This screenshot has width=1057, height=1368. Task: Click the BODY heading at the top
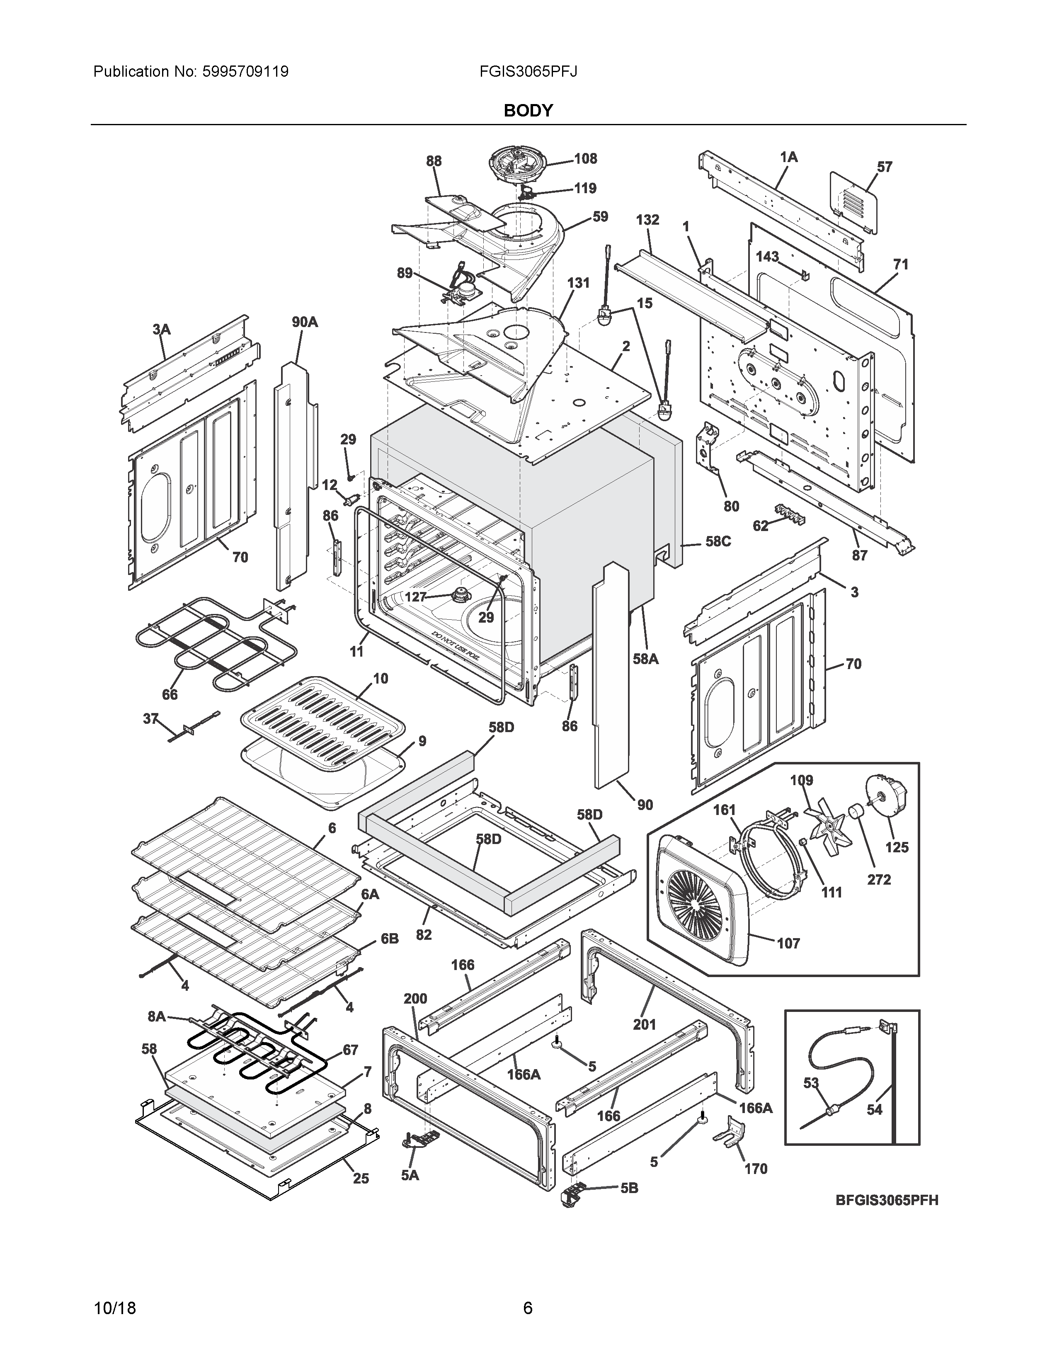tap(528, 111)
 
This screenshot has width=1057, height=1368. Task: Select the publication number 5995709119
tap(245, 71)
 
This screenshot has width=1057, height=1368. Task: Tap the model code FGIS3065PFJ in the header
tap(528, 71)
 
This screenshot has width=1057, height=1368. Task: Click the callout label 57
tap(884, 167)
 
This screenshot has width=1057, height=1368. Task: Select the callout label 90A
tap(304, 322)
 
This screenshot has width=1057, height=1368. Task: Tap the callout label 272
tap(878, 879)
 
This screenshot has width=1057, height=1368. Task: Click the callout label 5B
tap(629, 1188)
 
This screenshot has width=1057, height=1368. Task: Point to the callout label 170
tap(756, 1169)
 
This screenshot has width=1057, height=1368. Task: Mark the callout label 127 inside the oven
tap(415, 597)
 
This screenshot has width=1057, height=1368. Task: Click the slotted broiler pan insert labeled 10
tap(322, 720)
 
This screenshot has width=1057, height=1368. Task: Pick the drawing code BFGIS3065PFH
tap(887, 1201)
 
